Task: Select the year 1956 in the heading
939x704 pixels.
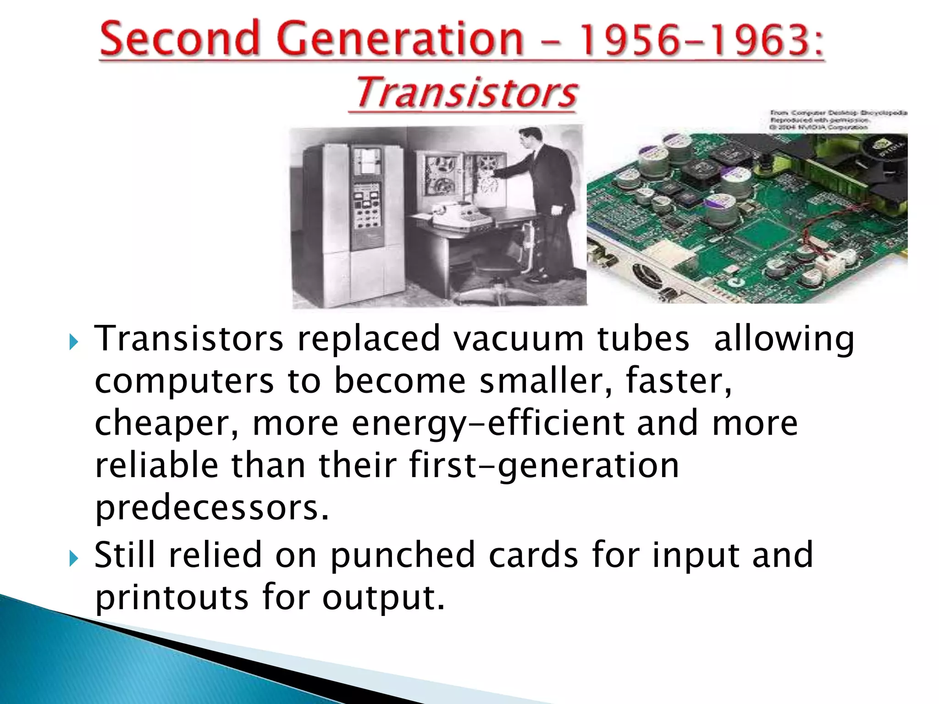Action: [625, 39]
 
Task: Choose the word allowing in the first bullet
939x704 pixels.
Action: [784, 340]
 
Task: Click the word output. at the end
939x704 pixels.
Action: [383, 598]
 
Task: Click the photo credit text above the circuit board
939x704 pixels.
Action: [837, 120]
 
